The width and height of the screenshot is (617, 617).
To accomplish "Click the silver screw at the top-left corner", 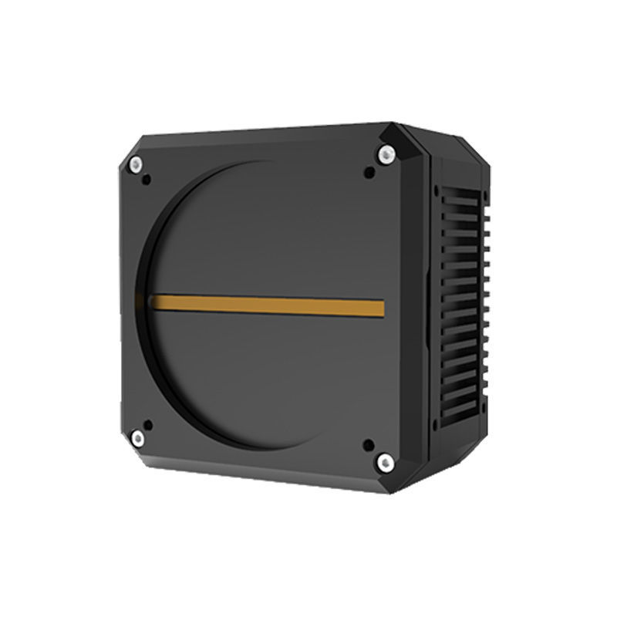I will click(137, 164).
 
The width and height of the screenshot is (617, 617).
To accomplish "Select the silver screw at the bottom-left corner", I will click(138, 439).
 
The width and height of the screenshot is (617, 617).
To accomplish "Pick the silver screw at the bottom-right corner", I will click(383, 463).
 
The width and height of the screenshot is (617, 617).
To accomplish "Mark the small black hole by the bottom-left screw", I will click(147, 423).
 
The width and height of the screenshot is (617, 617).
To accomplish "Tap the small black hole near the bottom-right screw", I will click(368, 445).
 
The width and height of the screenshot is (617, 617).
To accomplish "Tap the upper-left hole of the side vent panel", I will click(437, 188).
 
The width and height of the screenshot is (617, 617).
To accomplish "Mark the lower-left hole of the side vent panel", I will click(437, 425).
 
